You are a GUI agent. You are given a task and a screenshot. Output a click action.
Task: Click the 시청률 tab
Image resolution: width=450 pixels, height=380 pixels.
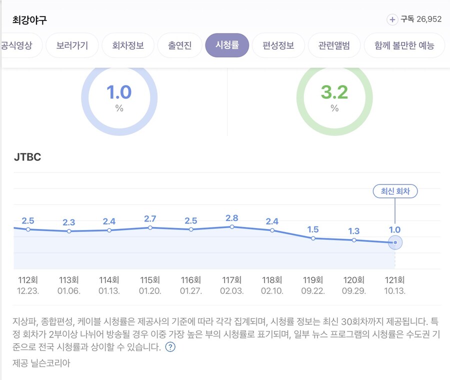point(227,45)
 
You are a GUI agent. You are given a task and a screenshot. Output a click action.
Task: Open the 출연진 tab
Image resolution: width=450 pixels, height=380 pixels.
point(180,45)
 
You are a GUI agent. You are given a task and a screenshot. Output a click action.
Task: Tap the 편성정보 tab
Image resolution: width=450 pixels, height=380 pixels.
point(278,45)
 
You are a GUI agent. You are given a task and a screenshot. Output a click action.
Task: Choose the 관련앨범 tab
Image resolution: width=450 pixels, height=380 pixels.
point(333,45)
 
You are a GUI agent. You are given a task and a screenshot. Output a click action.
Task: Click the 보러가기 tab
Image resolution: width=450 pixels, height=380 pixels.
point(72,45)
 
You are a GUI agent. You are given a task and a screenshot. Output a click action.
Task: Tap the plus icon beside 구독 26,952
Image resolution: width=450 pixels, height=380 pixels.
point(392,19)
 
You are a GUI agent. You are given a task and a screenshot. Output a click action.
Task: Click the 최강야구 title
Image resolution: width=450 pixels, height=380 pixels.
point(29,20)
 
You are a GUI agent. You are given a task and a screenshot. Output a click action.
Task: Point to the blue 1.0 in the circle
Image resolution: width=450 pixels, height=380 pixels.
point(119,92)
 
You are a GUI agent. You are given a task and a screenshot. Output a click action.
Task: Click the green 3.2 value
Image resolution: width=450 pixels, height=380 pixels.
point(334,92)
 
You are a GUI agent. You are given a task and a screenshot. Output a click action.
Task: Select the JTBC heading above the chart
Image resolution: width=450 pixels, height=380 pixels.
point(27,157)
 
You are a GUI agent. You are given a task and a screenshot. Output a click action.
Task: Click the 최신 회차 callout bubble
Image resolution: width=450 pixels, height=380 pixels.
point(395,191)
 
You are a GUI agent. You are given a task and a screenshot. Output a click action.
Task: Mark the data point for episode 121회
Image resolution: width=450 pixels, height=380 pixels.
point(395,242)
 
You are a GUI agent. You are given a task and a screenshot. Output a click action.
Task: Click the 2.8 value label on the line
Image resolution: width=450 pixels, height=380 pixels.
point(231,218)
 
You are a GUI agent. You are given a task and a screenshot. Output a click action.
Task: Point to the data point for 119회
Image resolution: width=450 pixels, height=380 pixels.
point(313,238)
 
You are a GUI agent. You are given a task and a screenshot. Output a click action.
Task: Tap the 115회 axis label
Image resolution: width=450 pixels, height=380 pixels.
point(149,280)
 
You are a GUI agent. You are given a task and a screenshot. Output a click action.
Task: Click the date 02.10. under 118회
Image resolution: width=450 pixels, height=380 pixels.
point(272,290)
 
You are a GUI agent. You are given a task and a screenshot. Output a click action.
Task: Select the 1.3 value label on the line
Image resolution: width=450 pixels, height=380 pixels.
point(354,231)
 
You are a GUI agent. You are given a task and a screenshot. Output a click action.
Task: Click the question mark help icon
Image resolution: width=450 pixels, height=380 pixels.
point(170,347)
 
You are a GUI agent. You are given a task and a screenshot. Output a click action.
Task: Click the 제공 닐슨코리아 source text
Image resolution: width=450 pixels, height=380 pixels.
point(41,363)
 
